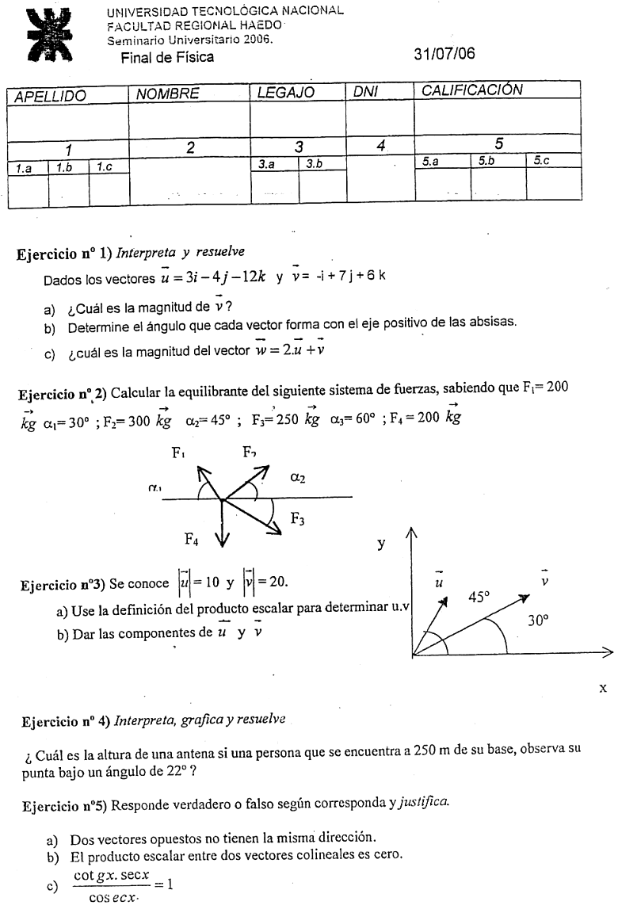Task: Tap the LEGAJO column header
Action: pyautogui.click(x=286, y=93)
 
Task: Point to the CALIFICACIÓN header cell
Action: pyautogui.click(x=472, y=90)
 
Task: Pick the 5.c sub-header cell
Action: pyautogui.click(x=541, y=161)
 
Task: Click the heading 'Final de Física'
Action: pyautogui.click(x=166, y=57)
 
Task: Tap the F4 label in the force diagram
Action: pyautogui.click(x=193, y=540)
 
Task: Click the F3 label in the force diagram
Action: pyautogui.click(x=298, y=519)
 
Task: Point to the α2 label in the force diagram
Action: pyautogui.click(x=299, y=477)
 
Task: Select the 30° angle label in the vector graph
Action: pyautogui.click(x=540, y=621)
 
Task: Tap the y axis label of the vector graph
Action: pyautogui.click(x=382, y=544)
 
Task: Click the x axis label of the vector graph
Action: pyautogui.click(x=604, y=688)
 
